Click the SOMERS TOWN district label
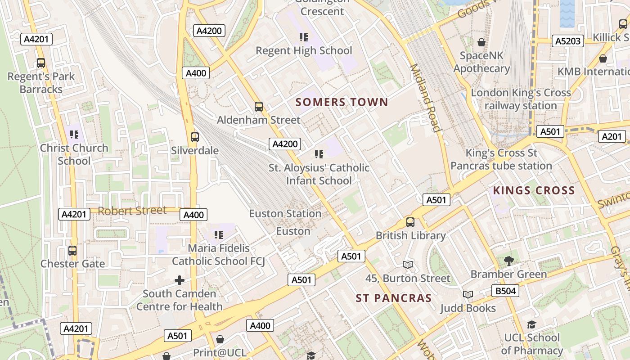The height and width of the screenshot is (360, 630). pyautogui.click(x=342, y=102)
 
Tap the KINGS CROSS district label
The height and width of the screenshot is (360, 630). pyautogui.click(x=534, y=190)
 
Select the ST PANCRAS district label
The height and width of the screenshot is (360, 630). pyautogui.click(x=394, y=298)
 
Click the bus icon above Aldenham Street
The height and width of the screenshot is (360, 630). pyautogui.click(x=258, y=107)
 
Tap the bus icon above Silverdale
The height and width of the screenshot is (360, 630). pyautogui.click(x=194, y=137)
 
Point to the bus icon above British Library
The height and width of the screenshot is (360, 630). pyautogui.click(x=410, y=222)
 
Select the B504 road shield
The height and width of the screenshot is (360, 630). pyautogui.click(x=505, y=291)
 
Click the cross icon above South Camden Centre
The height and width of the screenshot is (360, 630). pyautogui.click(x=180, y=280)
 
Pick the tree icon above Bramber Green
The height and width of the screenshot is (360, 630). pyautogui.click(x=508, y=261)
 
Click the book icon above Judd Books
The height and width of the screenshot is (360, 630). pyautogui.click(x=468, y=295)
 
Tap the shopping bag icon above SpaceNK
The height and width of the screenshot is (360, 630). pyautogui.click(x=481, y=43)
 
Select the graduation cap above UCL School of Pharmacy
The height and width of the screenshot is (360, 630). pyautogui.click(x=531, y=324)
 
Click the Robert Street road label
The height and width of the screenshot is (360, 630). pyautogui.click(x=132, y=211)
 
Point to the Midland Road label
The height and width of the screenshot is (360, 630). pyautogui.click(x=425, y=98)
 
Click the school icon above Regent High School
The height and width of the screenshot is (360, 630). pyautogui.click(x=304, y=37)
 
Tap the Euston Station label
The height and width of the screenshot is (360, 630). pyautogui.click(x=285, y=213)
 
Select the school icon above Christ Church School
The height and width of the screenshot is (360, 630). pyautogui.click(x=74, y=134)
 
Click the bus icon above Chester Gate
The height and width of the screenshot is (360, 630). pyautogui.click(x=72, y=250)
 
